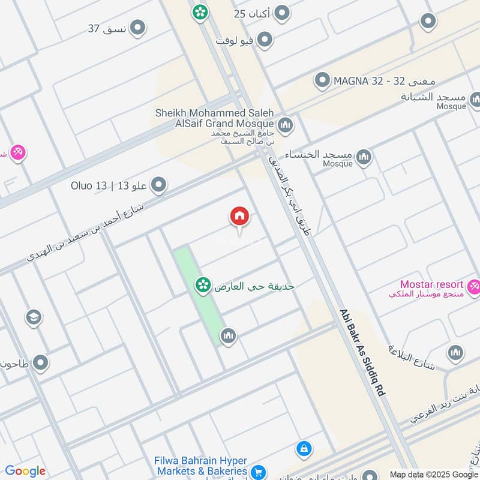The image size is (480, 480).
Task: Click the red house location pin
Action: coord(239,217)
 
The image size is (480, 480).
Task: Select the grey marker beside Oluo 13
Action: coord(159,185)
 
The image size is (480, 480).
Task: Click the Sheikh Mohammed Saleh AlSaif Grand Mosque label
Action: coord(214,118)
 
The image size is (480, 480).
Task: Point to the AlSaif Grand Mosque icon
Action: coord(285,125)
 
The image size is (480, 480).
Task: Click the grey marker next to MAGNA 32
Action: coord(323,79)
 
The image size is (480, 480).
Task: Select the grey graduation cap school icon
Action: coord(34,316)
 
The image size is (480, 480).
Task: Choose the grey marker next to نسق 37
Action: coord(138,28)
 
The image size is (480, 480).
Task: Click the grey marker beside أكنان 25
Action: coord(282,13)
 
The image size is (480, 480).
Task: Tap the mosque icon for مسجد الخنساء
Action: coord(363,158)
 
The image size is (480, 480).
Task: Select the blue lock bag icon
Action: coord(304,448)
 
